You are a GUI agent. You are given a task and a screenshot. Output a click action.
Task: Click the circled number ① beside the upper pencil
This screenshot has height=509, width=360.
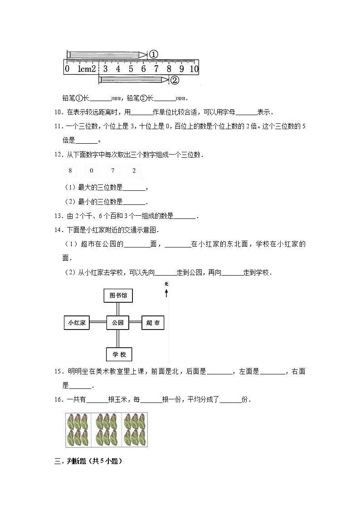point(153,54)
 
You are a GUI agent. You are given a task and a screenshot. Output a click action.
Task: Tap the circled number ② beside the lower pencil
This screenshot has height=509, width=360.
point(175,80)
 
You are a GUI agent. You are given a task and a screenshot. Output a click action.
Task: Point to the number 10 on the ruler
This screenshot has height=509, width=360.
point(194,69)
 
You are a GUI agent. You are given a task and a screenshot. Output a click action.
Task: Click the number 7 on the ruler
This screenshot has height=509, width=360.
point(156,69)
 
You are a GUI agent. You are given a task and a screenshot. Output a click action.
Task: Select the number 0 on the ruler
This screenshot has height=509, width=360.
point(67,69)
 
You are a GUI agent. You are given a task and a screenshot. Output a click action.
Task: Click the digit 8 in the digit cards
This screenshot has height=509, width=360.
point(70,171)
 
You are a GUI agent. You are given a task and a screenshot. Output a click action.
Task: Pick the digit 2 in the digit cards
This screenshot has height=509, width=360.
point(134,171)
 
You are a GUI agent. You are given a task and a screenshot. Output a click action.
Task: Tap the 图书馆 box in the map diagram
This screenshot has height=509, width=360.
point(118,296)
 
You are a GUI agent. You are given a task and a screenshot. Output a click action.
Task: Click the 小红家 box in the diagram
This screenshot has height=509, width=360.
point(77,323)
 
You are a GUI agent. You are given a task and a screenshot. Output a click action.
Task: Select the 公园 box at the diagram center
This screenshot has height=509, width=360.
point(118,323)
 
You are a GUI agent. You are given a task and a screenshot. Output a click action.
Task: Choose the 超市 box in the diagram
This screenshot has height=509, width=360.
point(153,323)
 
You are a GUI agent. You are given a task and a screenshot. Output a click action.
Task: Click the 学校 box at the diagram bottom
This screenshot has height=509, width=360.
point(118,354)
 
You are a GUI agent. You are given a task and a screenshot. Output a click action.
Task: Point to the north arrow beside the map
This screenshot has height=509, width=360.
point(167,293)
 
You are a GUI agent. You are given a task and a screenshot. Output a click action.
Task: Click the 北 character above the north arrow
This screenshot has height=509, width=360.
point(167,284)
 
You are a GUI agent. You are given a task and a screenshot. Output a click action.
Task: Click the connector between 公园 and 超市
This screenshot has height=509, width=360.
point(135,323)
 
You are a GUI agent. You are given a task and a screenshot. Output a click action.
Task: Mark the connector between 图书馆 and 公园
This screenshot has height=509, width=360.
point(118,309)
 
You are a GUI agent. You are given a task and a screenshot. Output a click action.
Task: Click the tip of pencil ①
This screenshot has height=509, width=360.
point(146,54)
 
